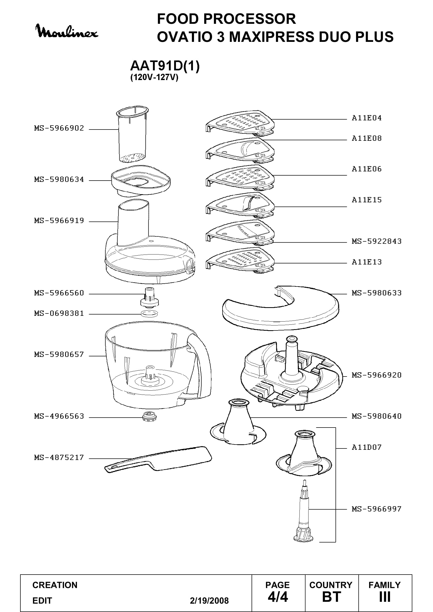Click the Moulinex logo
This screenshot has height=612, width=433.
tap(67, 31)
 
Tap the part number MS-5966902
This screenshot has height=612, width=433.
tap(59, 128)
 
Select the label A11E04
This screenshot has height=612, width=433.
tap(367, 118)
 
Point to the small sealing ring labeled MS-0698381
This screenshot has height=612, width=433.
tap(149, 313)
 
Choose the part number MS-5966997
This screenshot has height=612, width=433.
tap(376, 509)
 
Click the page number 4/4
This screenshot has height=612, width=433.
tap(278, 597)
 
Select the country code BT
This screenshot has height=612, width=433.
tap(331, 597)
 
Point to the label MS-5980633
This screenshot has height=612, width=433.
tap(376, 293)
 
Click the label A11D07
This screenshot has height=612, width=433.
tap(367, 447)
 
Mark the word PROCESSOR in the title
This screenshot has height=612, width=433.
tap(249, 19)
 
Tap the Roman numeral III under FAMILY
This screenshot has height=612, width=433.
tap(385, 597)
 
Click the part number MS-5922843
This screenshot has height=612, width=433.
tap(376, 241)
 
